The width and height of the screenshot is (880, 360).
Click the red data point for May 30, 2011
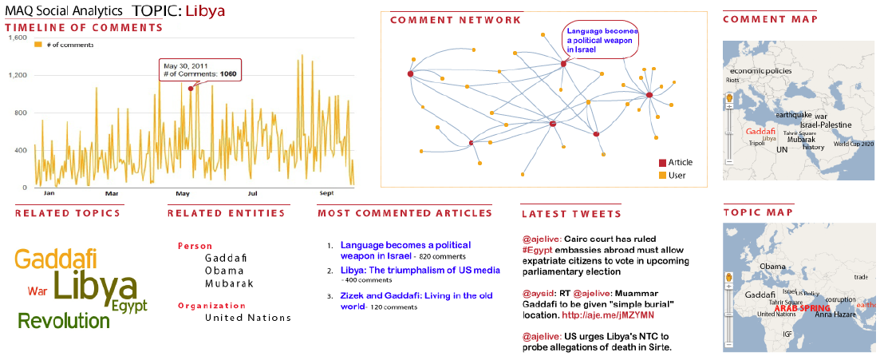tap(191, 88)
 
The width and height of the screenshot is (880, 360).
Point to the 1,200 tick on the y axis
tap(18, 75)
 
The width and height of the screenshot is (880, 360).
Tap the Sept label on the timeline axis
tap(327, 193)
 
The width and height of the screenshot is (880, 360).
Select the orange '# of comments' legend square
tap(37, 45)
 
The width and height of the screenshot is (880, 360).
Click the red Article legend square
tap(661, 163)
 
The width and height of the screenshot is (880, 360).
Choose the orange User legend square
tap(661, 176)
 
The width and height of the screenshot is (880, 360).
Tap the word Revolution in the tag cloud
tap(64, 321)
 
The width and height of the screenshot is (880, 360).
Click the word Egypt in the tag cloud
tap(129, 306)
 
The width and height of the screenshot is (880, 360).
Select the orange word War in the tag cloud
tap(37, 291)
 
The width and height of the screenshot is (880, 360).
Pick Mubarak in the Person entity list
tap(229, 283)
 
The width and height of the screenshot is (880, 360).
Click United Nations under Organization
tap(247, 318)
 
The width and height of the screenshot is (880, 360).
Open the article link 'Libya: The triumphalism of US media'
tap(420, 270)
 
